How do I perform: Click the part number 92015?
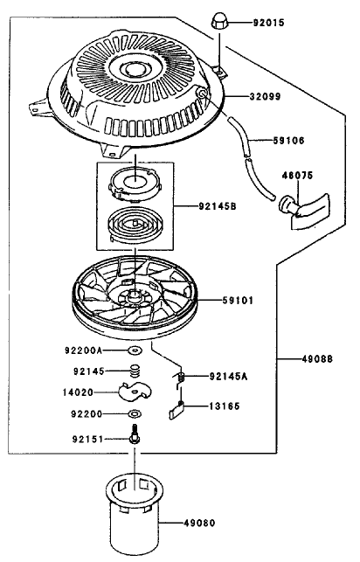pyautogui.click(x=268, y=23)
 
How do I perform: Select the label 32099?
pyautogui.click(x=265, y=96)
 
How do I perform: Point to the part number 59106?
pyautogui.click(x=288, y=140)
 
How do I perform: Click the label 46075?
pyautogui.click(x=297, y=176)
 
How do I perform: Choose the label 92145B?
pyautogui.click(x=217, y=206)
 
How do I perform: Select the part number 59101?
pyautogui.click(x=238, y=300)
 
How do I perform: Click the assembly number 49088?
pyautogui.click(x=317, y=358)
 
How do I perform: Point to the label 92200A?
pyautogui.click(x=83, y=350)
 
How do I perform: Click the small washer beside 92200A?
pyautogui.click(x=135, y=350)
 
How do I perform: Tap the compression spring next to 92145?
pyautogui.click(x=135, y=371)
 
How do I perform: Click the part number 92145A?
pyautogui.click(x=228, y=377)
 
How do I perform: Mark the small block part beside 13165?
pyautogui.click(x=177, y=410)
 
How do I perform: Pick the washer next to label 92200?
pyautogui.click(x=135, y=414)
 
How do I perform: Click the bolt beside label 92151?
pyautogui.click(x=135, y=434)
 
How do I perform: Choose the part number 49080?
pyautogui.click(x=199, y=523)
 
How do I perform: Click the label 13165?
pyautogui.click(x=225, y=406)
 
